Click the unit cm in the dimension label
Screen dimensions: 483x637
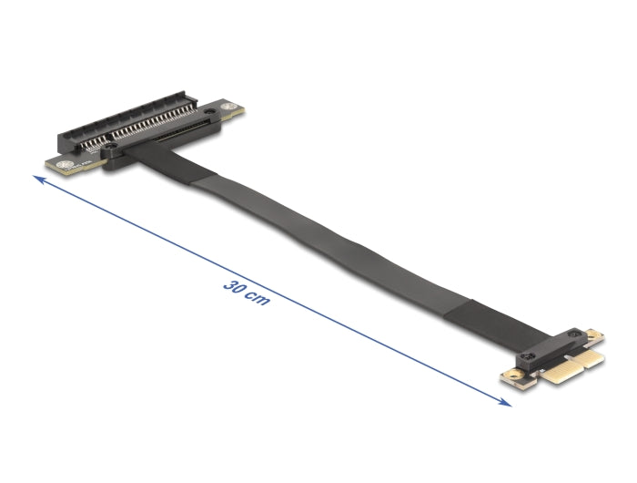point(258,296)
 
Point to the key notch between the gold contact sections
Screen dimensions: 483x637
point(566,365)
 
